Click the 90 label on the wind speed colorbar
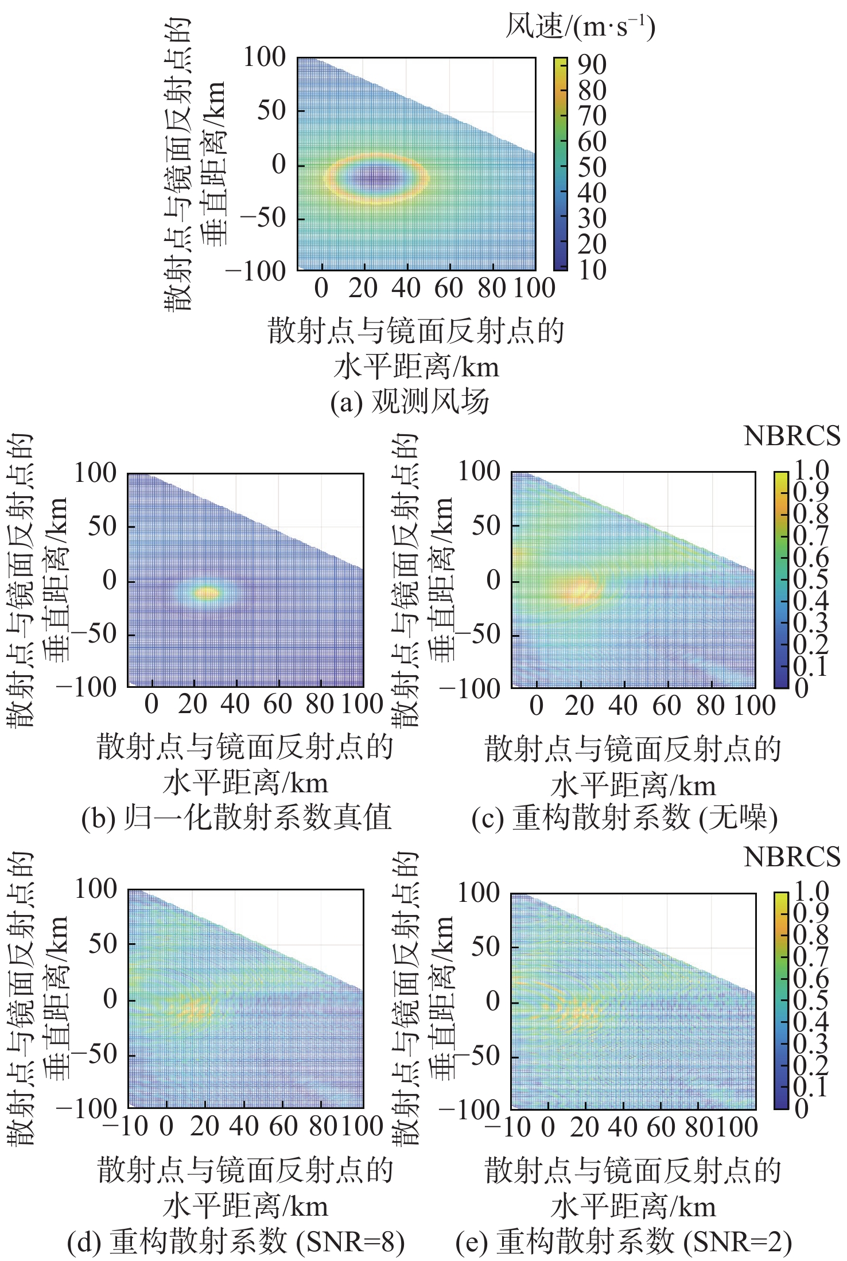click(592, 65)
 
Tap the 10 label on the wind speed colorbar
click(592, 270)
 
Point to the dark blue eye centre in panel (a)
click(376, 177)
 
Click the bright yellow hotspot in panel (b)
click(207, 593)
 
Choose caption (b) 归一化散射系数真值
click(236, 818)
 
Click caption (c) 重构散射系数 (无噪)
click(624, 818)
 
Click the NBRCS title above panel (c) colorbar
click(792, 437)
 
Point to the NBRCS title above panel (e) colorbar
click(792, 857)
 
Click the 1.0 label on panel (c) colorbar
click(810, 471)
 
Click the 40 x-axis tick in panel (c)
click(623, 705)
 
